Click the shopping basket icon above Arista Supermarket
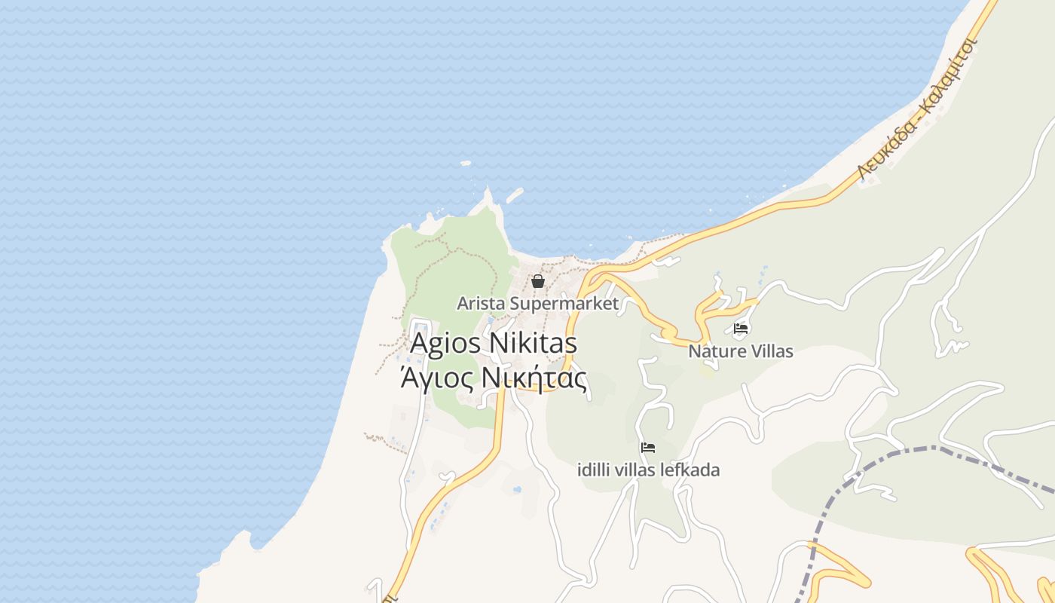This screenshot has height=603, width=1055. pyautogui.click(x=538, y=282)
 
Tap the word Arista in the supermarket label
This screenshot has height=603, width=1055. pyautogui.click(x=481, y=304)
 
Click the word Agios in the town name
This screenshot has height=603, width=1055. pyautogui.click(x=445, y=343)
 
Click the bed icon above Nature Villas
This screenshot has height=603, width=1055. pyautogui.click(x=741, y=329)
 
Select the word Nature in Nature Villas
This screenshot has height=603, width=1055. pyautogui.click(x=714, y=351)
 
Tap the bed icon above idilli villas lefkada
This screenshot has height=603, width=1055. pyautogui.click(x=647, y=448)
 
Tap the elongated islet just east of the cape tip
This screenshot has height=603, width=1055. pyautogui.click(x=515, y=194)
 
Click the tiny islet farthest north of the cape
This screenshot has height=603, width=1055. pyautogui.click(x=466, y=163)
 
